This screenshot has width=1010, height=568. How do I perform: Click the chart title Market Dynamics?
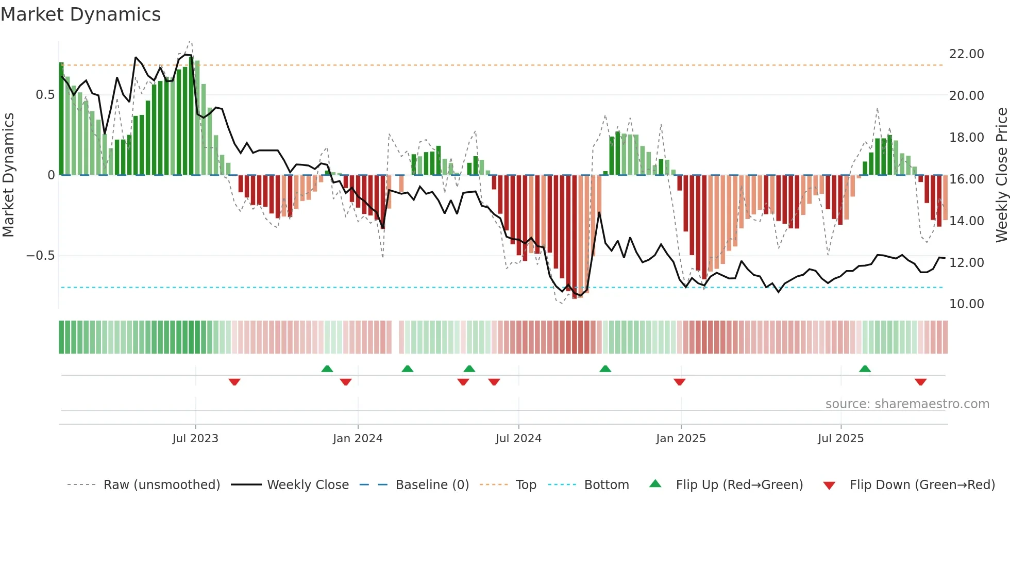(x=80, y=14)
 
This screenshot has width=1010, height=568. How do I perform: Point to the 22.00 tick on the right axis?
(x=966, y=54)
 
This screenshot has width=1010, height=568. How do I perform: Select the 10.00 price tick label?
(x=966, y=304)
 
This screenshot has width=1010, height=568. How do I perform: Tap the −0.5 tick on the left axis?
(x=40, y=256)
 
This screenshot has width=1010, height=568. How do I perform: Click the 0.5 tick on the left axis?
(x=45, y=95)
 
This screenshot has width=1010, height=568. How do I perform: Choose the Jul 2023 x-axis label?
(x=195, y=439)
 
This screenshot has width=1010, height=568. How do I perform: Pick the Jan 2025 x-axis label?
(x=681, y=439)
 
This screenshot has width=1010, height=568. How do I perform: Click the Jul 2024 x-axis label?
(x=518, y=439)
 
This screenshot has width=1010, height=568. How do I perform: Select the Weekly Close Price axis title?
(x=1001, y=175)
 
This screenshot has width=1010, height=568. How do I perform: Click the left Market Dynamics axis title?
(x=8, y=175)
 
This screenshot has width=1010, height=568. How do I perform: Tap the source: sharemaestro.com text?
(x=907, y=404)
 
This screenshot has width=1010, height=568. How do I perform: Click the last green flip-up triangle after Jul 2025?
(x=865, y=369)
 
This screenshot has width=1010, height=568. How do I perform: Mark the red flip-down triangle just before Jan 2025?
(x=679, y=382)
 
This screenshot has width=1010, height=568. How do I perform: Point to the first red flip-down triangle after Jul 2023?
(x=234, y=382)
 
